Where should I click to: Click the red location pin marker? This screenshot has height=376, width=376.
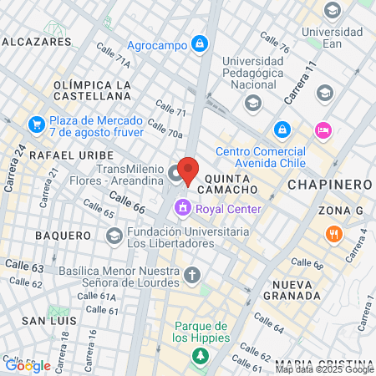pos(189,170)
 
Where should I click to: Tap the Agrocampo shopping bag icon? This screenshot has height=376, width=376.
pos(200,43)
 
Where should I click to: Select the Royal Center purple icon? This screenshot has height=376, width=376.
pos(181,208)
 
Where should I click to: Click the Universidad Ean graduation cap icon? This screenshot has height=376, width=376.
pos(333,11)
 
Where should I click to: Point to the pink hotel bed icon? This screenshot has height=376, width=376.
pos(323,130)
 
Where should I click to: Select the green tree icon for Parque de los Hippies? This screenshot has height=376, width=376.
pos(201,357)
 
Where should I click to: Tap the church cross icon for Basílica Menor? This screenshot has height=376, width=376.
pos(193,275)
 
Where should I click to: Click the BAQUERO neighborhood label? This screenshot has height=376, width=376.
pos(63,236)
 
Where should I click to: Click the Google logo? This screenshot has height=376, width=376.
pos(28,365)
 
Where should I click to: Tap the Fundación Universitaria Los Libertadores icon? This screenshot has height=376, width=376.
pos(114,237)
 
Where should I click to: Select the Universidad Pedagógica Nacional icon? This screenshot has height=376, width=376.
pos(252,103)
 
